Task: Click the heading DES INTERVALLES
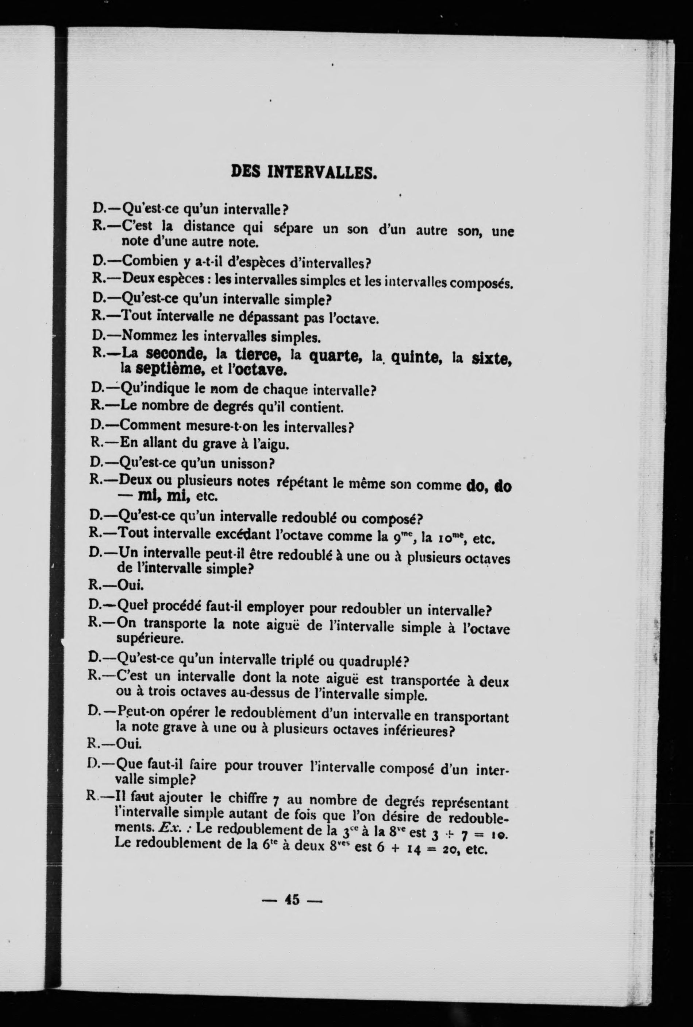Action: coord(304,172)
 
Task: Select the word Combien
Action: coord(149,261)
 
